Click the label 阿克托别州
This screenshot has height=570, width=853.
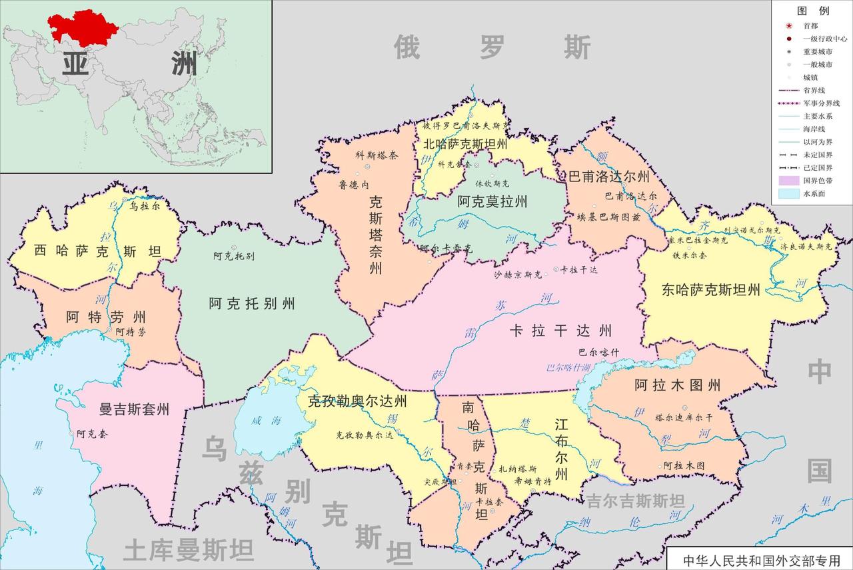pyautogui.click(x=252, y=304)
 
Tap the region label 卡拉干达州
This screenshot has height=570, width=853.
pyautogui.click(x=560, y=331)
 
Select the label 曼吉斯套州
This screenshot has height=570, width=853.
pyautogui.click(x=133, y=409)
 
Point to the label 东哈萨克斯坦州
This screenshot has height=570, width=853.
pyautogui.click(x=710, y=290)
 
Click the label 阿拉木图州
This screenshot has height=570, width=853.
pyautogui.click(x=677, y=385)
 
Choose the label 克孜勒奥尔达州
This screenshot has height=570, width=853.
pyautogui.click(x=357, y=401)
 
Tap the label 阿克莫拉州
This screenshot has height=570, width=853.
pyautogui.click(x=492, y=201)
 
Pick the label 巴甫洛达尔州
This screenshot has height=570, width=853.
pyautogui.click(x=608, y=177)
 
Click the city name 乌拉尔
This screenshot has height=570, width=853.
pyautogui.click(x=145, y=207)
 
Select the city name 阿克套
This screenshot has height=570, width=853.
pyautogui.click(x=89, y=434)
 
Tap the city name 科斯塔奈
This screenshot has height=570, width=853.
pyautogui.click(x=377, y=155)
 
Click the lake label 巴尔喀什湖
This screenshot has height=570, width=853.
pyautogui.click(x=568, y=367)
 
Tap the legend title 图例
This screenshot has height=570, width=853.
pyautogui.click(x=813, y=11)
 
